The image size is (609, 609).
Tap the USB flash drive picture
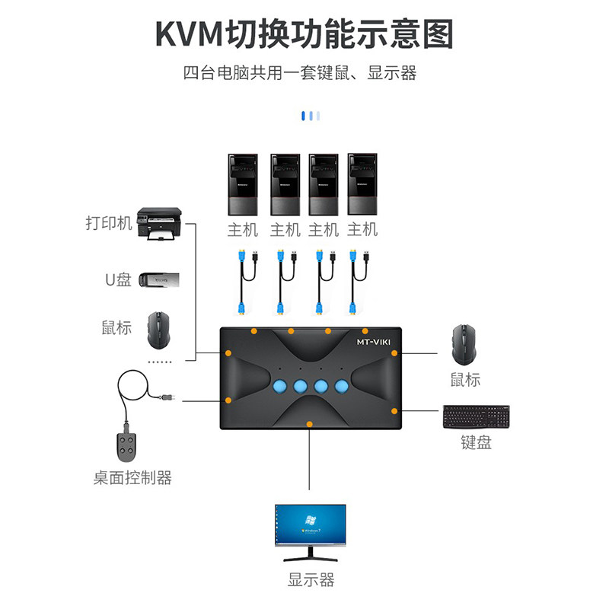155,280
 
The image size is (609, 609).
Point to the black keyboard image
477,416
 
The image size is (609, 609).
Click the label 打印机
109,223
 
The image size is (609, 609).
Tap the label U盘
118,279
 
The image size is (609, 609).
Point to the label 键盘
476,442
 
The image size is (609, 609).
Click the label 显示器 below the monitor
311,580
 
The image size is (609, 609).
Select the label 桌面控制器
132,478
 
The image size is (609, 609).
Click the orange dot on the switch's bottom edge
309,423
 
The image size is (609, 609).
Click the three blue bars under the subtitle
310,116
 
